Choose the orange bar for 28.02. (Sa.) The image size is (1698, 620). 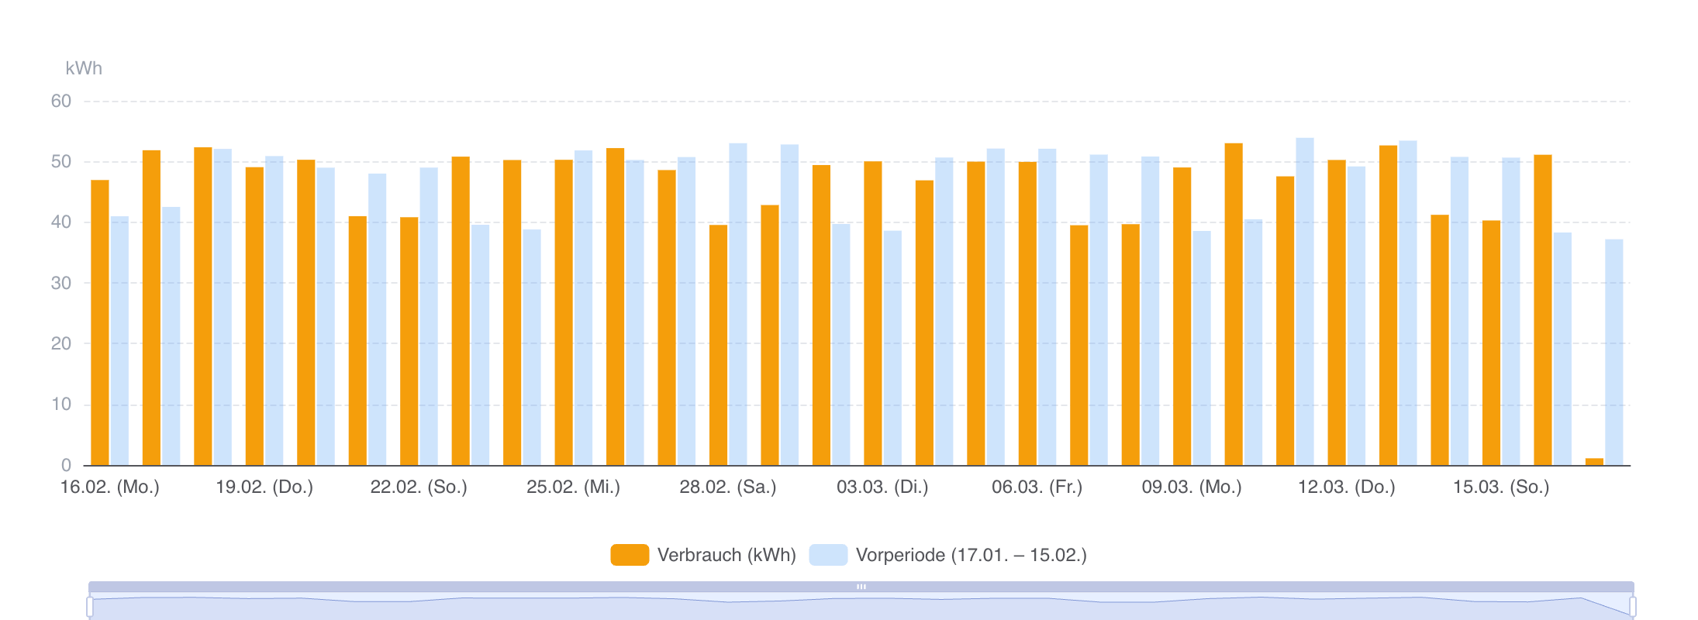(718, 345)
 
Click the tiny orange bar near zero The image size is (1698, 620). (1594, 462)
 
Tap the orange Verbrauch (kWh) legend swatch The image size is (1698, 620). (630, 555)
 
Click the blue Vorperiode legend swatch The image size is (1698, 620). (828, 555)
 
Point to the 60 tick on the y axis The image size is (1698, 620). (61, 102)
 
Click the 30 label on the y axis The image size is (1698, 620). (61, 284)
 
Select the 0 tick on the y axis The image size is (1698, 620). (67, 466)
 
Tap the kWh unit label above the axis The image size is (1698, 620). (84, 68)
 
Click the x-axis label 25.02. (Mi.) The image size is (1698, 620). (573, 487)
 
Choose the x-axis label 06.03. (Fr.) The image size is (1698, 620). (1037, 487)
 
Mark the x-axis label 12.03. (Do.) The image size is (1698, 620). (1346, 487)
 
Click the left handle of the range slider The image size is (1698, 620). (90, 606)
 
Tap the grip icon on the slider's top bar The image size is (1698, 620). (861, 587)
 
